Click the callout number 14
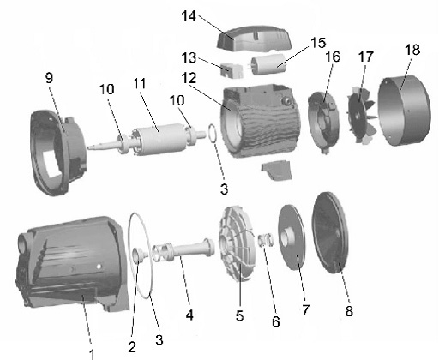click(x=189, y=16)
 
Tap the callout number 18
click(x=412, y=50)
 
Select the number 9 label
click(x=50, y=77)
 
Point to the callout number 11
click(x=140, y=83)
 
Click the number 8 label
click(x=349, y=311)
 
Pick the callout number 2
click(x=132, y=346)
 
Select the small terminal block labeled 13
click(x=232, y=70)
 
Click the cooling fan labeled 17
click(x=362, y=115)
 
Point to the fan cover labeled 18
click(x=405, y=111)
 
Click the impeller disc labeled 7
click(x=292, y=237)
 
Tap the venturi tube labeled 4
click(x=183, y=249)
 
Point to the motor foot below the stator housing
click(x=277, y=170)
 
